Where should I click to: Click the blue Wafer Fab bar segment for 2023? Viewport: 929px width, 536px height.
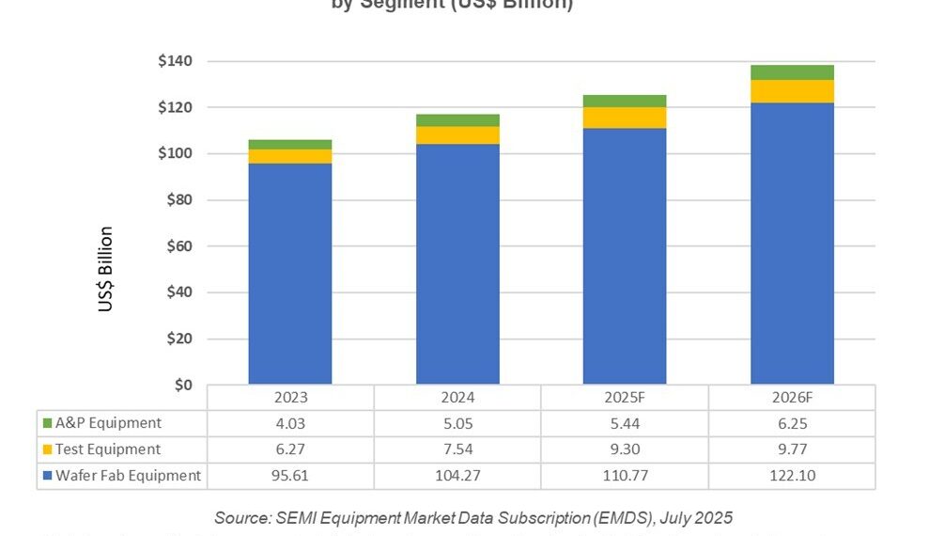[x=289, y=273]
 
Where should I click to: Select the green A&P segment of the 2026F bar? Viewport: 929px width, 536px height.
[x=792, y=72]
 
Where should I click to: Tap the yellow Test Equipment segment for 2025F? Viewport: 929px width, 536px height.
[x=625, y=118]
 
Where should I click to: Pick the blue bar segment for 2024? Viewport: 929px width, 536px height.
[x=457, y=263]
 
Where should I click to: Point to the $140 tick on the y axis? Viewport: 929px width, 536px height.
[x=176, y=62]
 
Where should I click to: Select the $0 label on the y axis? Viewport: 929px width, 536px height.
[x=183, y=385]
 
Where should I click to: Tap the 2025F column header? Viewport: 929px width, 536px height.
[x=625, y=397]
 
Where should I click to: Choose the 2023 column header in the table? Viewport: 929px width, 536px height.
[x=289, y=397]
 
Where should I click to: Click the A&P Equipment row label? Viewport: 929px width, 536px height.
[x=108, y=423]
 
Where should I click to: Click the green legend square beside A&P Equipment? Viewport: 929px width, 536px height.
[x=48, y=424]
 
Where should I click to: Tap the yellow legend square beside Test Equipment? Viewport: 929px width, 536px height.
[x=48, y=450]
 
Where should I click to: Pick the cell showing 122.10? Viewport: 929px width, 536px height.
[x=792, y=476]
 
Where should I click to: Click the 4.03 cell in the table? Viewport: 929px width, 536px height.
[x=289, y=423]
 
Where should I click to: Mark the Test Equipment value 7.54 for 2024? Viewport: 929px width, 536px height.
[x=457, y=449]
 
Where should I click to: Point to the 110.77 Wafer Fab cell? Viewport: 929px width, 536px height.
[x=625, y=476]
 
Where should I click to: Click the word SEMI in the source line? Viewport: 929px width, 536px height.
[x=290, y=517]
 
